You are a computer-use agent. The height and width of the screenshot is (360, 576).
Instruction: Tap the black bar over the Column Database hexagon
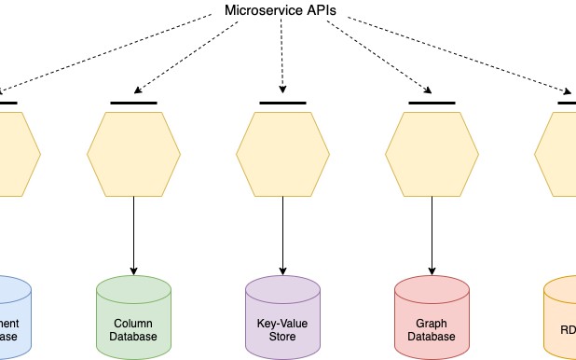(133, 102)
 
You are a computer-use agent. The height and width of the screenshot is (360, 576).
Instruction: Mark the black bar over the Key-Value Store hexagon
(282, 102)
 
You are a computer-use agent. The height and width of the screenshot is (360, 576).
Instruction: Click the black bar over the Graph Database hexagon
(432, 102)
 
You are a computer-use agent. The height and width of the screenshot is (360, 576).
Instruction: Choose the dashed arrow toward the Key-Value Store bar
(281, 56)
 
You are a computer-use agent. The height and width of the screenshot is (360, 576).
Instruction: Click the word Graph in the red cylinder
(432, 322)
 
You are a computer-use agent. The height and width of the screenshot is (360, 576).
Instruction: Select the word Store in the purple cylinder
(282, 336)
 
